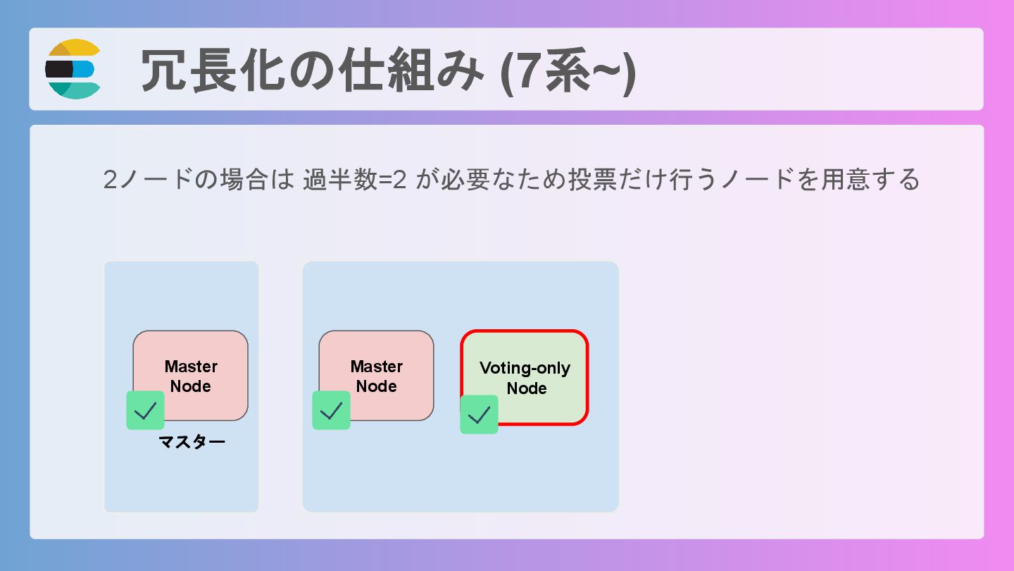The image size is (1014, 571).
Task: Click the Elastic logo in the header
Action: [x=73, y=69]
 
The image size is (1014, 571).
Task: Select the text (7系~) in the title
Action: [x=568, y=70]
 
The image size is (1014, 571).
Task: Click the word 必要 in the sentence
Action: [x=468, y=180]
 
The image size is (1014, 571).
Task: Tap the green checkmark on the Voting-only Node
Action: [x=479, y=415]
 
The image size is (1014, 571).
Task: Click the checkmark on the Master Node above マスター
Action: [x=145, y=410]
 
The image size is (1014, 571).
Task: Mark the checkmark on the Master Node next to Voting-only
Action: [x=331, y=410]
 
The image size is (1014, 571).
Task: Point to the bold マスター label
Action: [x=192, y=443]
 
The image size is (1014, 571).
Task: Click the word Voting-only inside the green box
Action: [x=525, y=368]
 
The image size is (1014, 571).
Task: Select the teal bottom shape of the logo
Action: [x=73, y=90]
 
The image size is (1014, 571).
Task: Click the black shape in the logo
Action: [x=59, y=69]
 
